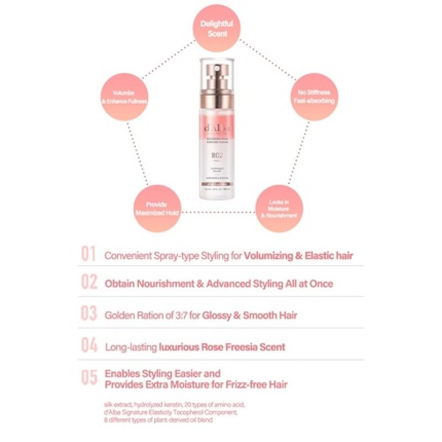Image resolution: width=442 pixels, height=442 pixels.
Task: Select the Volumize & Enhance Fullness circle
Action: (x=124, y=97)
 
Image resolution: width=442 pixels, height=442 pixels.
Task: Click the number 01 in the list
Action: (x=89, y=255)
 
